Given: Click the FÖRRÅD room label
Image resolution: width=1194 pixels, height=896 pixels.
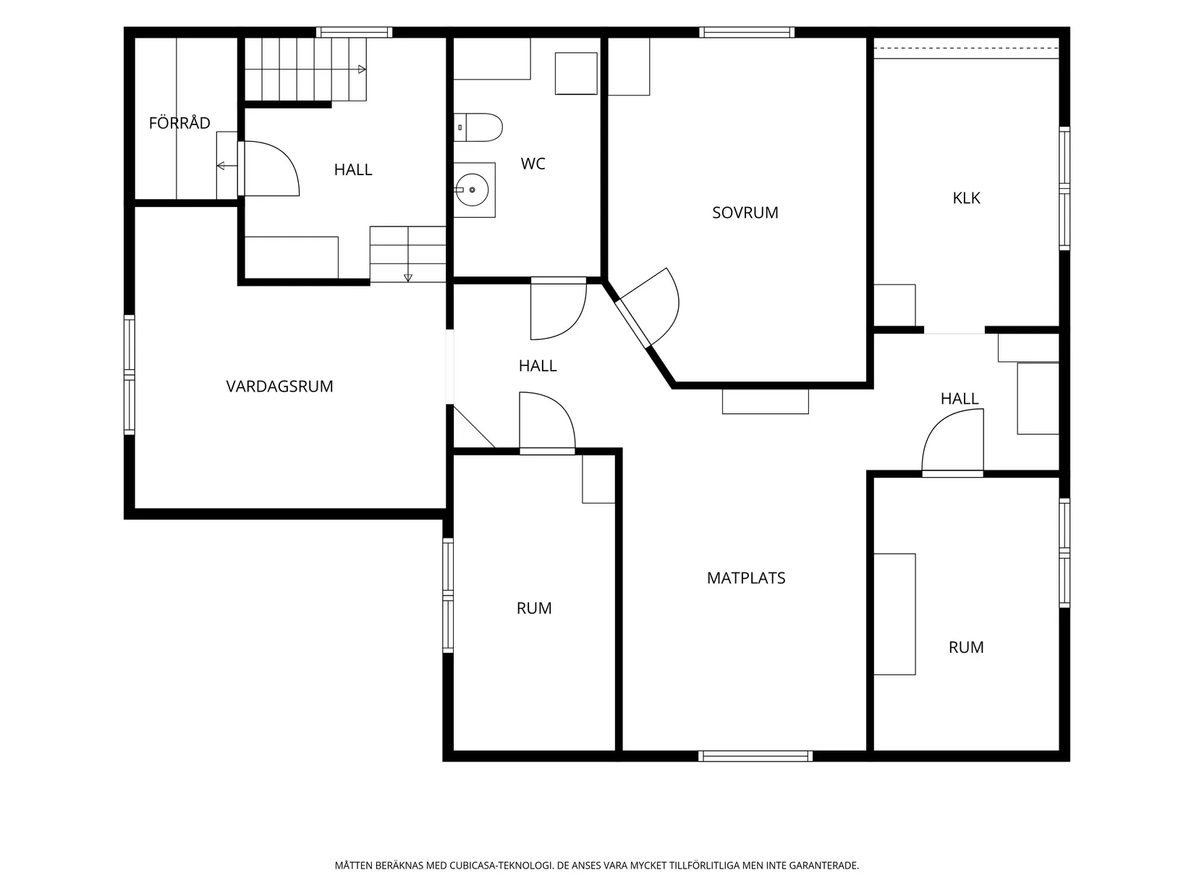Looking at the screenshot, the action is pos(179,122).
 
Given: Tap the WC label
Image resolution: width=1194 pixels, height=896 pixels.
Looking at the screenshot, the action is pos(533,164).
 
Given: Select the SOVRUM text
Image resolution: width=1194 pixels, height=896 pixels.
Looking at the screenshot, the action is pos(745,213).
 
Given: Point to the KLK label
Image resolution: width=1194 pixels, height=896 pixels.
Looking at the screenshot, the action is pos(966,198).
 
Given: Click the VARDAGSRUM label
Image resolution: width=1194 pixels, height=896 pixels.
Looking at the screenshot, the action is pos(279,386).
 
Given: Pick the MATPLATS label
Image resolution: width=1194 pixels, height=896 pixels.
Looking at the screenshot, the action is pos(746,578).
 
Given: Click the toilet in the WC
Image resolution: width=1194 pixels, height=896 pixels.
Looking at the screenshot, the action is pos(478,127).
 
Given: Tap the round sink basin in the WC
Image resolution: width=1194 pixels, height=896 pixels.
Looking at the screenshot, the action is pos(472,190).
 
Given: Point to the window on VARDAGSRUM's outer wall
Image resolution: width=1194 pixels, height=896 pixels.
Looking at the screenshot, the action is pos(129,375).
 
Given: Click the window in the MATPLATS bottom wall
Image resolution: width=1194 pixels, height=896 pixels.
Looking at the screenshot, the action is pos(755,756).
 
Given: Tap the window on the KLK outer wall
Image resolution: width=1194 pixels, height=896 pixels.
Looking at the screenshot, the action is pos(1064,189).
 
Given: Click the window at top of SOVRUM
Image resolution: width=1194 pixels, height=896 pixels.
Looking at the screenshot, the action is pos(746,33).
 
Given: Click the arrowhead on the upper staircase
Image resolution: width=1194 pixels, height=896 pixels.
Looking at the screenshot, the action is pos(362,69).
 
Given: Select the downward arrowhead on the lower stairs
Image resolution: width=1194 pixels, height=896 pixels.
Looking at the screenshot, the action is pos(408,278).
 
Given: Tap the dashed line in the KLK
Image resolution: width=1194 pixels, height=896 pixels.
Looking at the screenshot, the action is pos(966,48).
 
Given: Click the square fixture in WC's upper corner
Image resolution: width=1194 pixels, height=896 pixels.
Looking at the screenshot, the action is pos(576,73).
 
